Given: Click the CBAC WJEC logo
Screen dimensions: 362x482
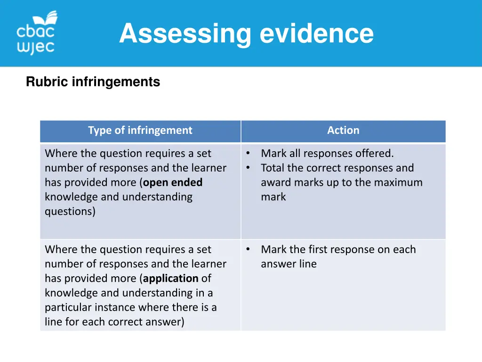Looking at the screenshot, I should (x=37, y=33).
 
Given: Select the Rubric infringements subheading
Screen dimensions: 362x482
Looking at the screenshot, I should (x=93, y=82).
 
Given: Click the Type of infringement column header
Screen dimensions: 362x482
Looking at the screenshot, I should (x=140, y=131).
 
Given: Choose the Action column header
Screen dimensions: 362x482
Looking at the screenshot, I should (x=343, y=131).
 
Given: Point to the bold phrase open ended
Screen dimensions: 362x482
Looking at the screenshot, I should (x=173, y=182).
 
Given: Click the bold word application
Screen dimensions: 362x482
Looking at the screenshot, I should (x=171, y=279).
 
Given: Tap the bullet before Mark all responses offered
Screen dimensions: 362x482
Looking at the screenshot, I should (x=248, y=153).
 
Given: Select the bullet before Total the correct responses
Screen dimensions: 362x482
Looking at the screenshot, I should (x=248, y=167).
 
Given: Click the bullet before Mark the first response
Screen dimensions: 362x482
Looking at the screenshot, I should (x=248, y=249).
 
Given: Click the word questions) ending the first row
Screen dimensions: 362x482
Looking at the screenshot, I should (x=70, y=212).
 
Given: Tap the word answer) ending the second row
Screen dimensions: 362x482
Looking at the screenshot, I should (x=167, y=322).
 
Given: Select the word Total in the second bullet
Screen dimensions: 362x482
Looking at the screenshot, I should (x=273, y=168).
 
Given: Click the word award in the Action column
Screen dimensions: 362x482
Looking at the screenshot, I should (x=275, y=182).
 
